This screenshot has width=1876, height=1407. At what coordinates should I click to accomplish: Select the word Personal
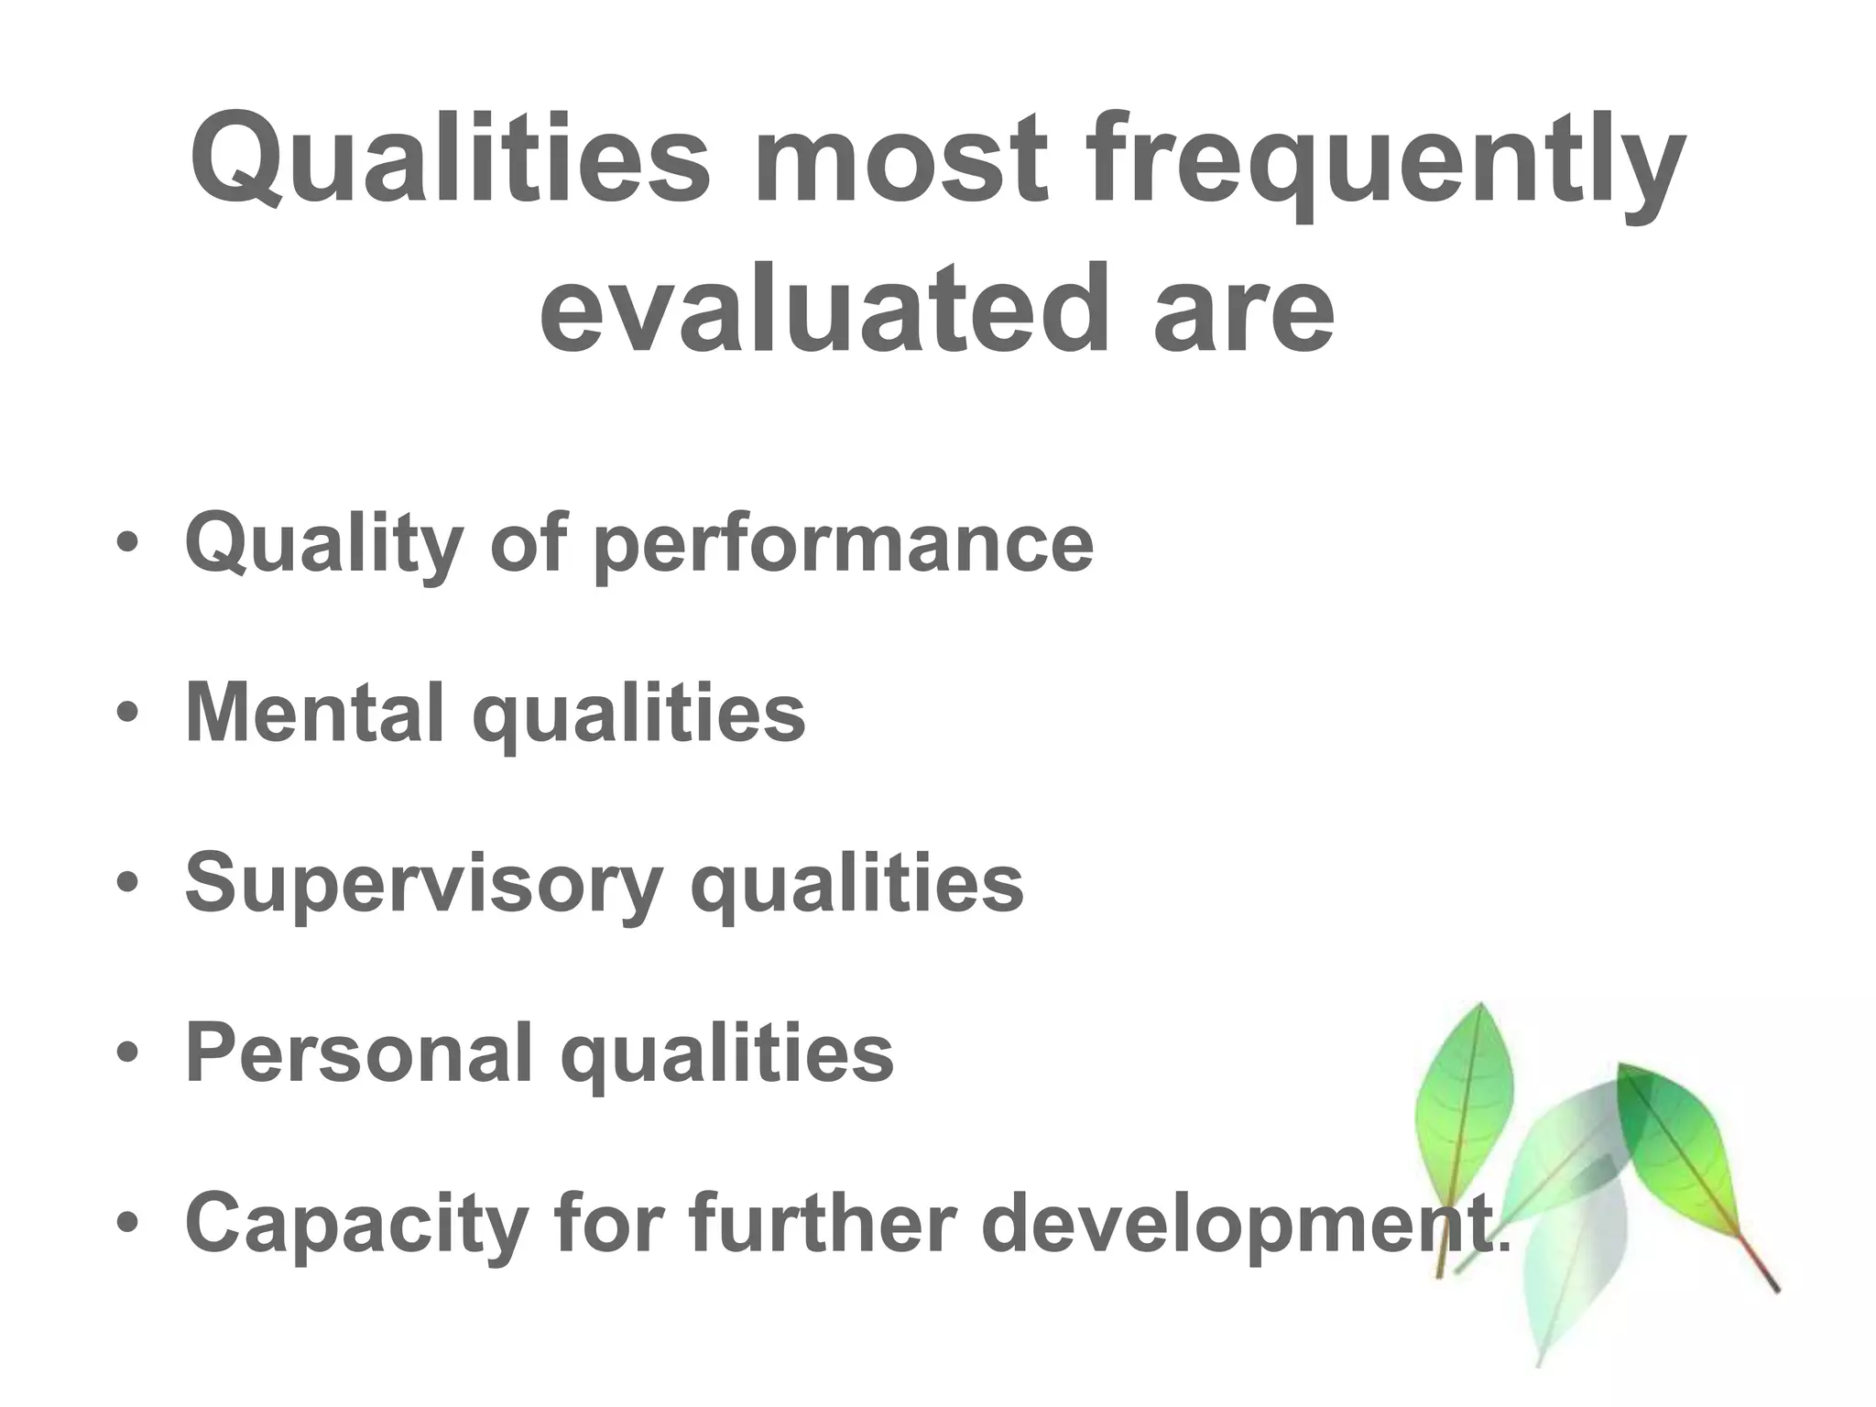click(x=358, y=1053)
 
